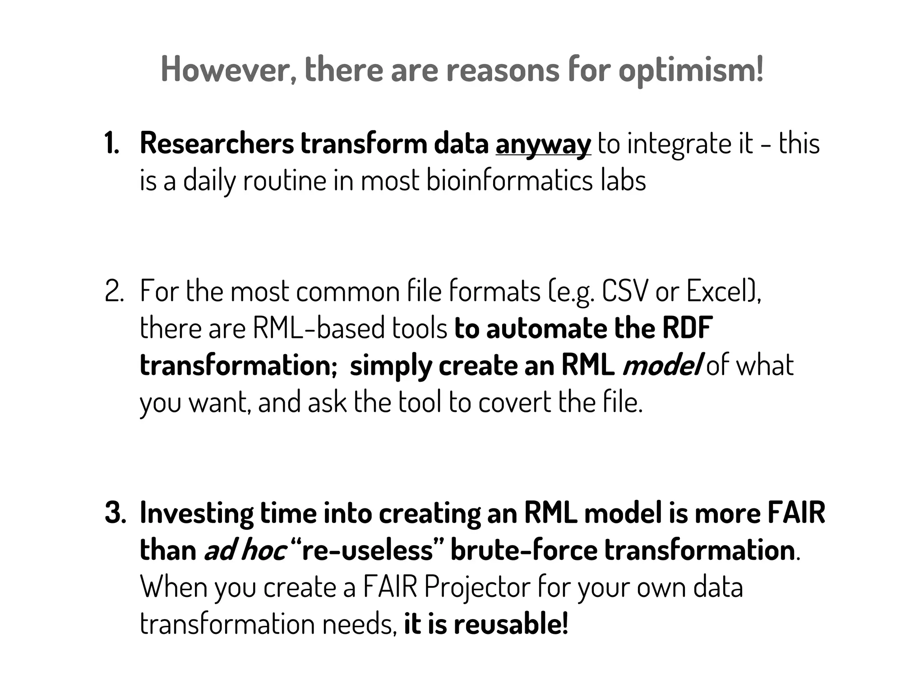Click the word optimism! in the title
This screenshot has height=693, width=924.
click(x=691, y=69)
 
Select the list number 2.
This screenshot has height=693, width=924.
click(x=114, y=291)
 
